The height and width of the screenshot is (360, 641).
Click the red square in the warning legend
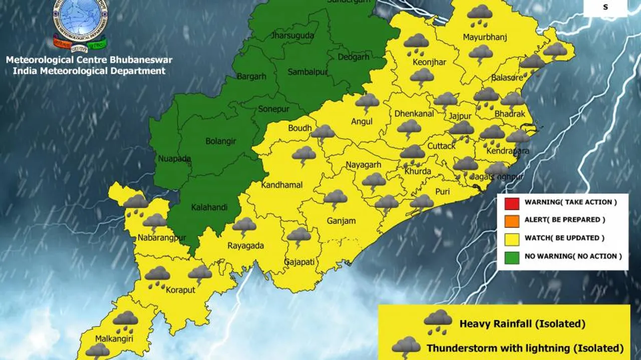[512, 203]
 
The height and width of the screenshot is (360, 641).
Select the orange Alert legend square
[512, 220]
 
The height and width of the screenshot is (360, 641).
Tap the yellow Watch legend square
[512, 238]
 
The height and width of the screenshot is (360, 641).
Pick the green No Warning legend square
[512, 256]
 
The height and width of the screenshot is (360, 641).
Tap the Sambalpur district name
[307, 73]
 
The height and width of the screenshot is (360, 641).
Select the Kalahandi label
[209, 207]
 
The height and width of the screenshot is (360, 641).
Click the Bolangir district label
[221, 141]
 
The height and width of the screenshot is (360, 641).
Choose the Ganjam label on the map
[341, 221]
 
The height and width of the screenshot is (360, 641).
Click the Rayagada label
[245, 246]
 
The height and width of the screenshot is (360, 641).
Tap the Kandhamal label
[281, 185]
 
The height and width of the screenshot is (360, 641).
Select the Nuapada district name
[174, 159]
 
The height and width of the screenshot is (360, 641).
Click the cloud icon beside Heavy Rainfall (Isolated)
[438, 321]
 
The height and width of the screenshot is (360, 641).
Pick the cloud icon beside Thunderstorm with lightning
[406, 347]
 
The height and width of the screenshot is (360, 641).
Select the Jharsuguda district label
[292, 36]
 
